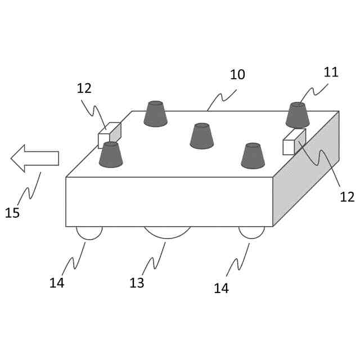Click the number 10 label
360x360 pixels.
[x=237, y=75]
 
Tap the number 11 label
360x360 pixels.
[x=331, y=72]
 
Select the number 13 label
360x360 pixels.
[x=137, y=283]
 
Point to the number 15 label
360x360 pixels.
[x=12, y=213]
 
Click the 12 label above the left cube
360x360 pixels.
[x=84, y=88]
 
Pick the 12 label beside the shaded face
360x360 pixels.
[x=347, y=197]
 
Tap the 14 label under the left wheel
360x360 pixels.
[x=57, y=283]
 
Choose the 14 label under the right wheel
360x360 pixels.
[x=221, y=289]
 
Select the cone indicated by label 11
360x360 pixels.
[x=298, y=115]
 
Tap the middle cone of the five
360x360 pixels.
[x=202, y=136]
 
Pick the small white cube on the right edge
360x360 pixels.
[x=294, y=142]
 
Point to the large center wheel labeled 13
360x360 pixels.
[x=167, y=232]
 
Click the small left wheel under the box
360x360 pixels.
[x=89, y=232]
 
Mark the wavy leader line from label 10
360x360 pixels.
[x=222, y=99]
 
